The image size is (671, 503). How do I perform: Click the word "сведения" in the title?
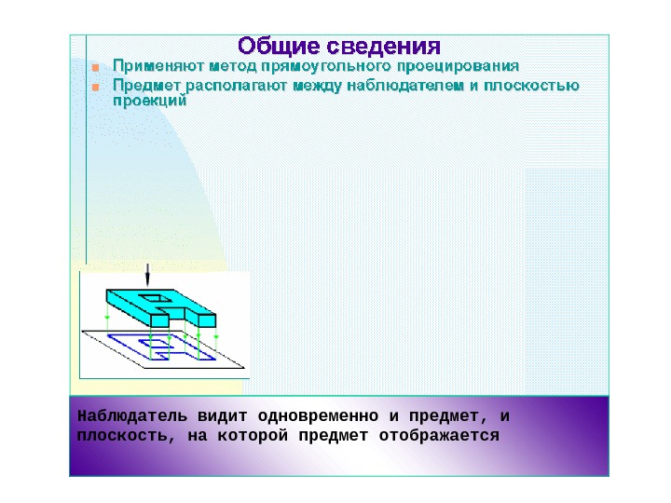point(383,46)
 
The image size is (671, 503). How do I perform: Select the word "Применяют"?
point(157,67)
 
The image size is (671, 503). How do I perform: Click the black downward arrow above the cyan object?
point(146,276)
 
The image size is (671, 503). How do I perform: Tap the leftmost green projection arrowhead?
point(107,318)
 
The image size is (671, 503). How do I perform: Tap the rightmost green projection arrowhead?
point(216,333)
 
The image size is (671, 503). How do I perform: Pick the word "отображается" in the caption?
point(453,435)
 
